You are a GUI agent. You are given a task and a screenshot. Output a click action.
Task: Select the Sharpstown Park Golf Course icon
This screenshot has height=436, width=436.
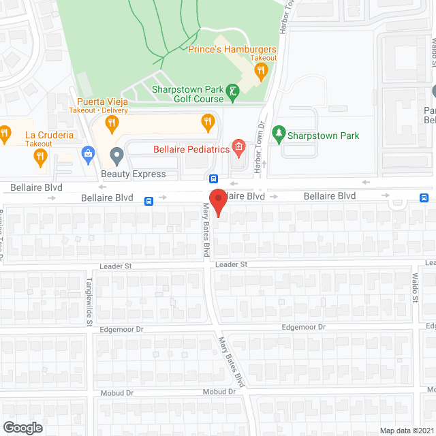[232, 92]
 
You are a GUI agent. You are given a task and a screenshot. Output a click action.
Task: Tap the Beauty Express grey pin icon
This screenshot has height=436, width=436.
[117, 158]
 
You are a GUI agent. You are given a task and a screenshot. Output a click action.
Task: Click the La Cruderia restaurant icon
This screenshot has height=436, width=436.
[40, 157]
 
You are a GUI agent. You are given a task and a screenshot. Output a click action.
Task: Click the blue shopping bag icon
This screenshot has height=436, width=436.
[87, 154]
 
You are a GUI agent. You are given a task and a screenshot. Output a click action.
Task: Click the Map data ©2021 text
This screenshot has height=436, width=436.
[405, 430]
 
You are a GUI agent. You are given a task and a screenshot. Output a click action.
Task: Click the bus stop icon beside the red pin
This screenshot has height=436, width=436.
[214, 180]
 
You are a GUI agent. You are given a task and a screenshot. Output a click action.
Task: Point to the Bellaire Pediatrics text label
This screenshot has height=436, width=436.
[190, 147]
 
